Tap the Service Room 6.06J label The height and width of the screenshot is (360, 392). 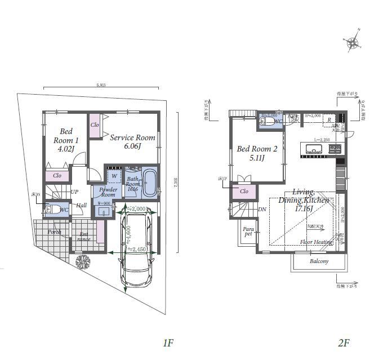tap(132, 141)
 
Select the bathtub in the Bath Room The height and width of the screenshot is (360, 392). tap(150, 183)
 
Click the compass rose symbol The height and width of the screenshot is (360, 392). tap(353, 42)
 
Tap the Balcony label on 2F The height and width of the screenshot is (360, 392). tap(319, 261)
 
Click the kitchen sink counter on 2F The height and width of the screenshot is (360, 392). tap(314, 149)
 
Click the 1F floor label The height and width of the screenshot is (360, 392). tap(167, 343)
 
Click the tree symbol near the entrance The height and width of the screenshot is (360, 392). tap(83, 262)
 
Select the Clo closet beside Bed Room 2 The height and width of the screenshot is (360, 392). tap(243, 192)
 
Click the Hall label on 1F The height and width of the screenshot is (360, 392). tap(81, 206)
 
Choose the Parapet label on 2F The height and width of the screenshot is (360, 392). tap(248, 232)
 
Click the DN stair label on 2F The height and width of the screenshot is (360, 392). tap(262, 210)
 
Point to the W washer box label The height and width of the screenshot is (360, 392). tap(114, 176)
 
